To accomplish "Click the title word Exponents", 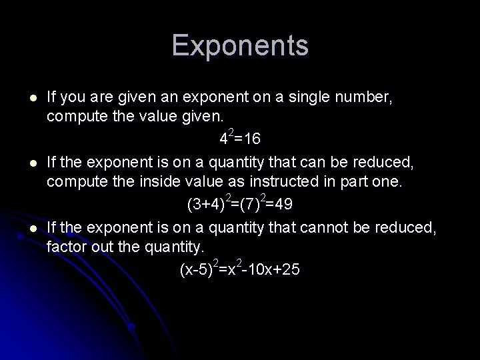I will point(240,46).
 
